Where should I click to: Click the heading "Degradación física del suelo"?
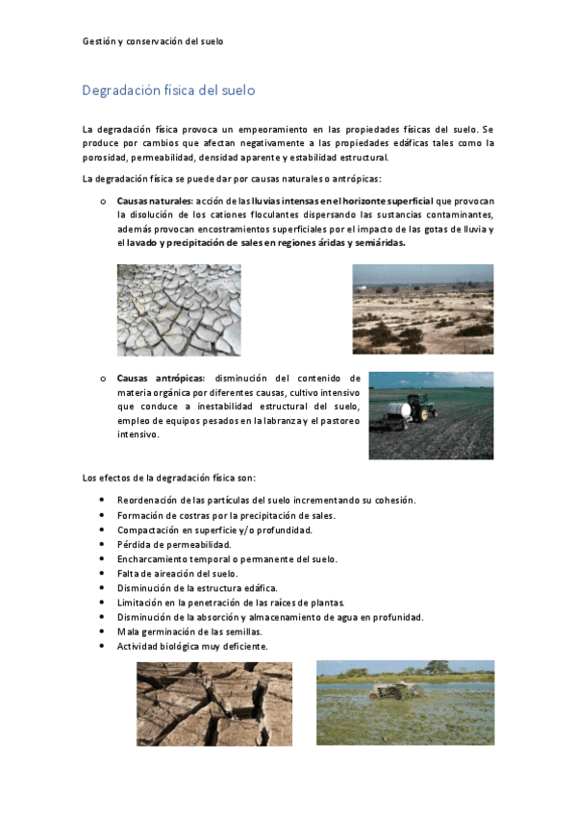[168, 91]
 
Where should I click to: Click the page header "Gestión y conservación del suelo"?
[153, 41]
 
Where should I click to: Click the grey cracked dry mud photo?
[179, 309]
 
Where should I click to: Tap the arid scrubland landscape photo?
[422, 309]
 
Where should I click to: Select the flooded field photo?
[405, 703]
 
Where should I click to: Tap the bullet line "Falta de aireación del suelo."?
[177, 573]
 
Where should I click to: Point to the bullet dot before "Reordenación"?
[103, 501]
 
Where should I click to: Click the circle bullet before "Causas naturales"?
[102, 201]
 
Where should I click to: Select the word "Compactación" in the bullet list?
[146, 530]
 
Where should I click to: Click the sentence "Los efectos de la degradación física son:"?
[169, 477]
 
